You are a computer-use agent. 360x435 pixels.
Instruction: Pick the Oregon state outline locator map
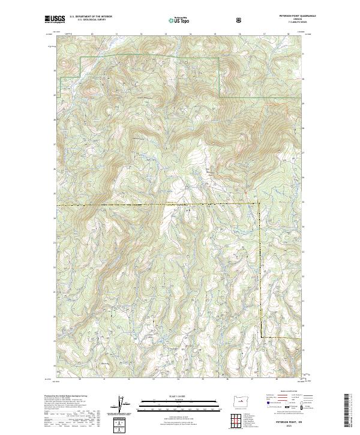[239, 401]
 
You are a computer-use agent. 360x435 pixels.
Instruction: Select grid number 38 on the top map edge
[287, 35]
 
